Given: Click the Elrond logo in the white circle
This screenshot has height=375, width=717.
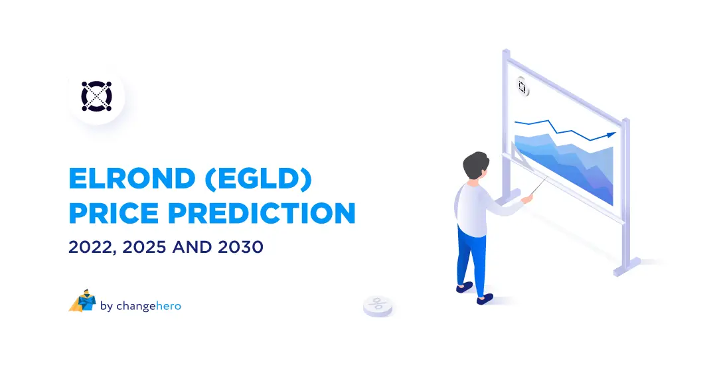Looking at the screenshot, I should pos(97,96).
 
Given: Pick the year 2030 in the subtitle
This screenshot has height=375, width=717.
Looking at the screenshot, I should pos(239,248).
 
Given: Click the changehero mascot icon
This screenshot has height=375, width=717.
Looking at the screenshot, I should pos(82,301).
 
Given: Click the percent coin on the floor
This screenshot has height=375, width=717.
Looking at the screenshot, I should pos(378,305).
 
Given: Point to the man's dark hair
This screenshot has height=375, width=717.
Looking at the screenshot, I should pos(476,164).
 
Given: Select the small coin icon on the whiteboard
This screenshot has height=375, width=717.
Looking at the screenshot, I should pos(522,87).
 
